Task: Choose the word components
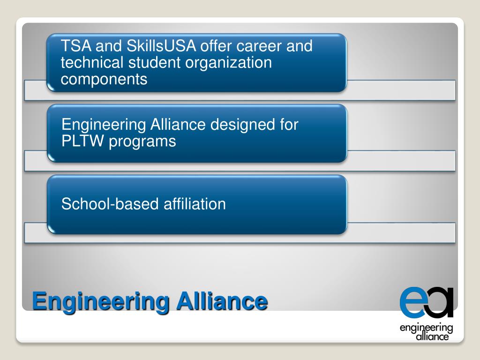click(104, 80)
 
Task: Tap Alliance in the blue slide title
click(222, 300)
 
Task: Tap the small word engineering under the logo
click(426, 328)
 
